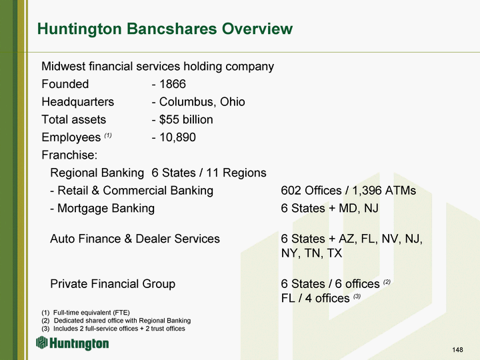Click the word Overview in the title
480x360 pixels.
[257, 29]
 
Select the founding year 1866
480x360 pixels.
[173, 84]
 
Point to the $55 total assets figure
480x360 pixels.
[169, 119]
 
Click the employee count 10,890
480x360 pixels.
[177, 137]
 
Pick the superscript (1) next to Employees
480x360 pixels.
[108, 135]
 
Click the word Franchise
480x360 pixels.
[69, 155]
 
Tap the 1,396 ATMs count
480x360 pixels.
[384, 191]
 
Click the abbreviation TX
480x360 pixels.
[334, 253]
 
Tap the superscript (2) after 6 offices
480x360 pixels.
[387, 281]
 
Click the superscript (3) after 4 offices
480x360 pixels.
[357, 296]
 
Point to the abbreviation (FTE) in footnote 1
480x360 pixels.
[121, 313]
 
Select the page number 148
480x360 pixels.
[457, 349]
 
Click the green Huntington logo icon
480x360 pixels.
[42, 342]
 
